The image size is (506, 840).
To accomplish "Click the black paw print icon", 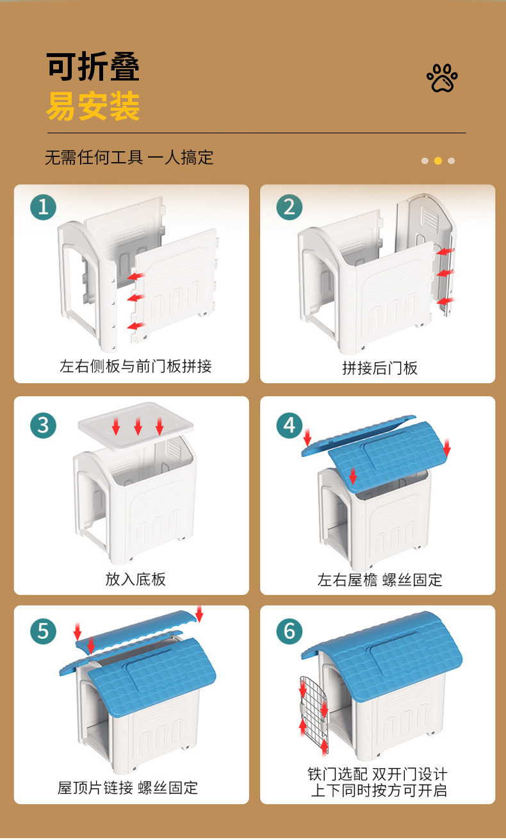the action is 443,78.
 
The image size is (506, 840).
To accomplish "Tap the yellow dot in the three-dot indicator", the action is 437,161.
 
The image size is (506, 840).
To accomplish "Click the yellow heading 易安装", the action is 93,106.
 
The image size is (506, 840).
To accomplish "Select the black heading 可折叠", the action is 93,67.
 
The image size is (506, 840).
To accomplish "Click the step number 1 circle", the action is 43,207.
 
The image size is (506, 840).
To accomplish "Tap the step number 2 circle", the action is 290,207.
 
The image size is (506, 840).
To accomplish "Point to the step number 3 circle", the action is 43,425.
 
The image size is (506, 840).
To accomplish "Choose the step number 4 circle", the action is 290,425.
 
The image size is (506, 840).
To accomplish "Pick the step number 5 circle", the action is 43,631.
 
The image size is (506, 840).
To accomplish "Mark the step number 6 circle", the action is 290,631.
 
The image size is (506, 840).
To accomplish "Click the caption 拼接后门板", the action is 380,368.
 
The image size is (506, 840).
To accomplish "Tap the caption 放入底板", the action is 135,579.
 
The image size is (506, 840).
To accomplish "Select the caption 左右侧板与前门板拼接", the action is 135,366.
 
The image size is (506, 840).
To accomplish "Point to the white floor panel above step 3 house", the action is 135,425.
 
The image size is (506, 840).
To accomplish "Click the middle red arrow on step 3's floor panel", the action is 138,426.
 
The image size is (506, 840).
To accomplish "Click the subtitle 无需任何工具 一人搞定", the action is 129,158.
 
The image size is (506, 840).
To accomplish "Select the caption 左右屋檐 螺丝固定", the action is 380,580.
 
